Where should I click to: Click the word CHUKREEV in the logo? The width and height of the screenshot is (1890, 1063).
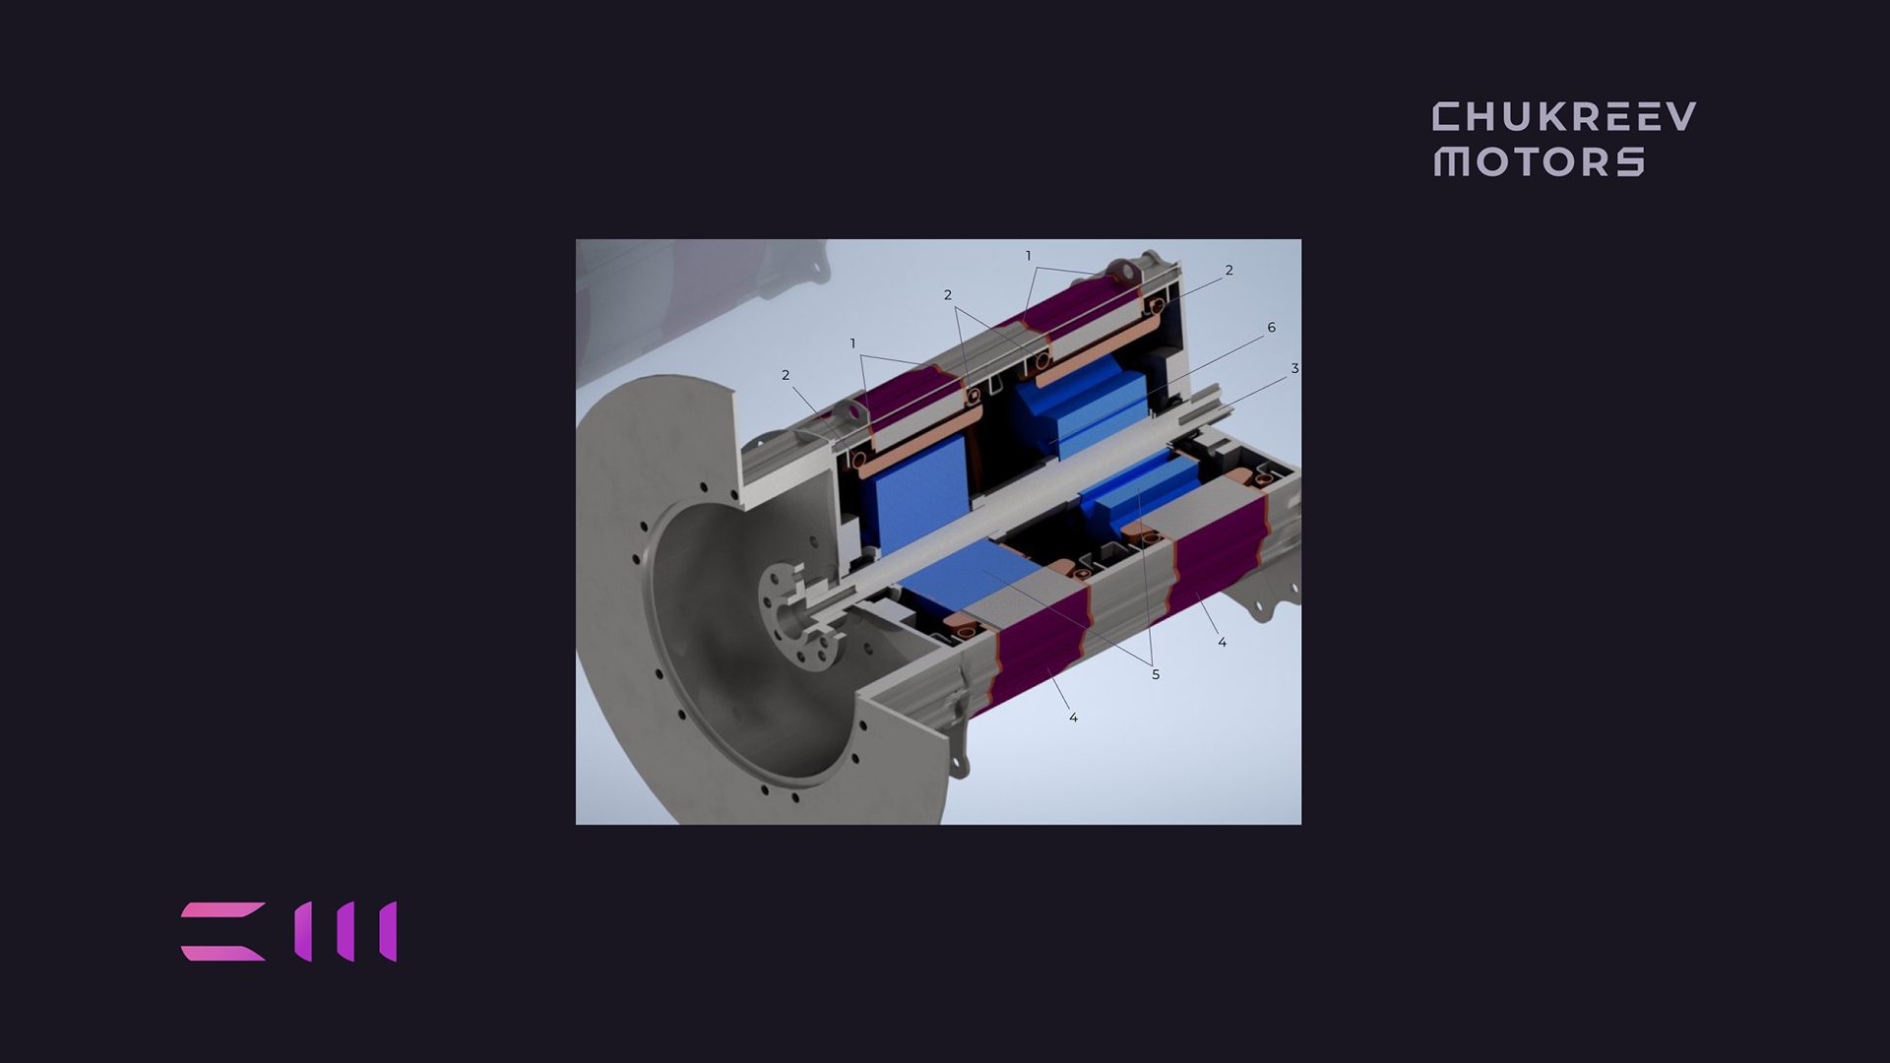1564,117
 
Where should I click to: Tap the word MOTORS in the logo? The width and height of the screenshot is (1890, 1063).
1539,161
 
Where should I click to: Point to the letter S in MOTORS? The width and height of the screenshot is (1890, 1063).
1631,161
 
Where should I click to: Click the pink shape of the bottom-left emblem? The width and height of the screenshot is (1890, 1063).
223,931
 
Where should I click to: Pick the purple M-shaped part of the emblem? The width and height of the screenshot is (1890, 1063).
346,931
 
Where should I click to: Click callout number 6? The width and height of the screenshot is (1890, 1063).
1271,328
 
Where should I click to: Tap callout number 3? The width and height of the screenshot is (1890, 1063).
1294,369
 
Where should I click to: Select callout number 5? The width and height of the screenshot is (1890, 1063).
1156,675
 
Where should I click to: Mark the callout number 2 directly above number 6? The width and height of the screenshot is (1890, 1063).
1228,271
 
